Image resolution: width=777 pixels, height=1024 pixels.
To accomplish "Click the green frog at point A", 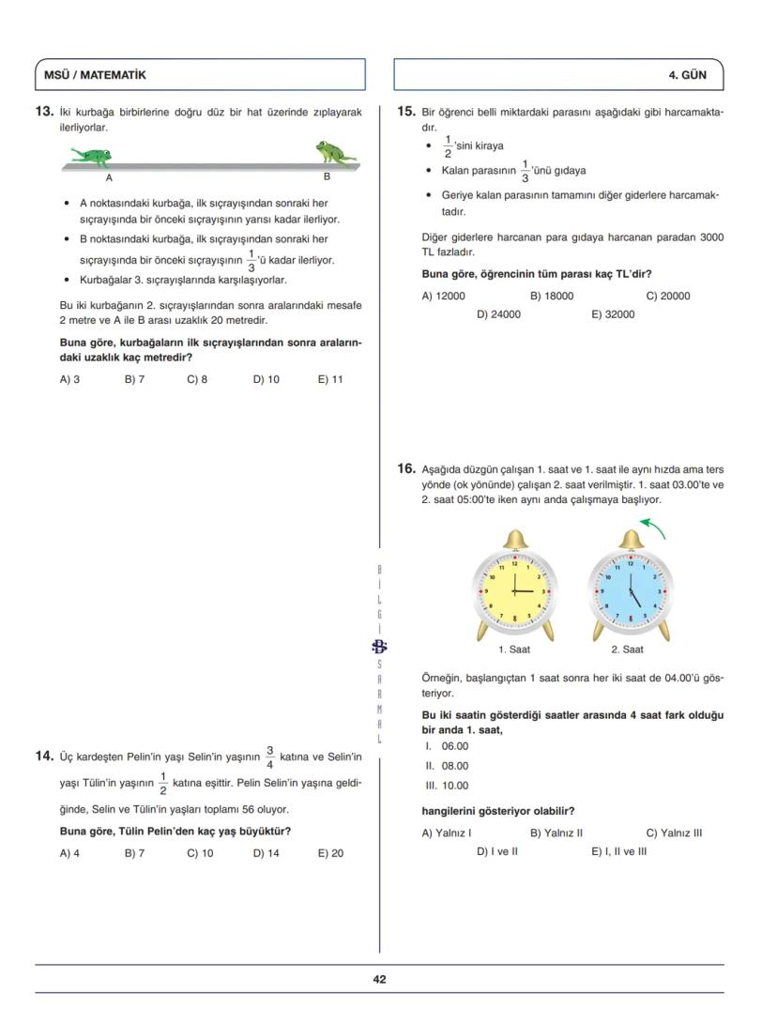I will tap(92, 155).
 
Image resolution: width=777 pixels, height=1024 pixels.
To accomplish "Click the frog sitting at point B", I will tap(334, 152).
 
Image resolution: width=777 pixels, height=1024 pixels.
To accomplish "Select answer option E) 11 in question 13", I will tap(330, 380).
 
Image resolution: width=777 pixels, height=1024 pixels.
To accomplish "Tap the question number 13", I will tap(43, 112).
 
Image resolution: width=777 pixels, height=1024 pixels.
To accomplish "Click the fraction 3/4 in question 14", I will tap(269, 757).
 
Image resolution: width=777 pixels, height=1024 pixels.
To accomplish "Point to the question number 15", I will tap(405, 112).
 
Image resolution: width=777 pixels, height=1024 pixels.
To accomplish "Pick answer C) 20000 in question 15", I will tap(668, 296).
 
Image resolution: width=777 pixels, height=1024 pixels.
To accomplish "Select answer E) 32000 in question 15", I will tap(613, 314).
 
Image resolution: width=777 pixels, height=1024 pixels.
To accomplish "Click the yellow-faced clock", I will tap(513, 591).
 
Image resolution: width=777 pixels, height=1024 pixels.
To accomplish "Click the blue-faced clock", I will tap(630, 591).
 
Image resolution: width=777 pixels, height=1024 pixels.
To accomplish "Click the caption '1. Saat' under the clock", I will tap(513, 650).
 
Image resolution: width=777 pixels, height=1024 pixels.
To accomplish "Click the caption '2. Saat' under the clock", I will tap(627, 650).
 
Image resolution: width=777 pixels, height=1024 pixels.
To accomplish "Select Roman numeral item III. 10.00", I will tap(447, 787).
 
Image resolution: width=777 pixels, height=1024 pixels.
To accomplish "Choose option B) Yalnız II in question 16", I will tap(556, 833).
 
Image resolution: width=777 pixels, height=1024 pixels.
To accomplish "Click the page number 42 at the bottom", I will tap(379, 979).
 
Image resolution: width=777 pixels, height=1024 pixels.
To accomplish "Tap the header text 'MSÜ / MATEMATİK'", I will tap(95, 75).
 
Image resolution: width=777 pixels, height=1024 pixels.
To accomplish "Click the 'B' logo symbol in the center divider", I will tap(379, 645).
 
